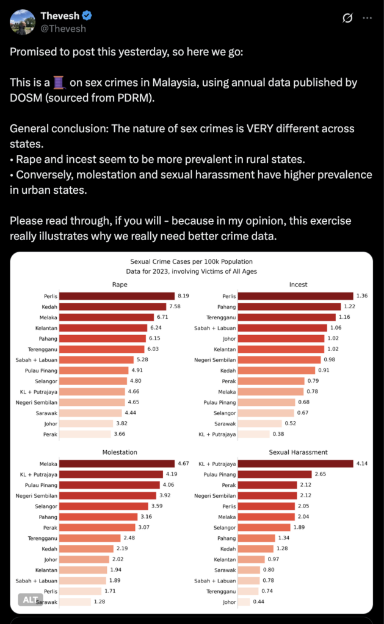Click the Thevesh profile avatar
22,21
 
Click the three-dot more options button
367,18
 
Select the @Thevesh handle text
63,29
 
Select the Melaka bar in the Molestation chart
113,464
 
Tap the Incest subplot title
298,285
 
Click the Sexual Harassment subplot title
298,452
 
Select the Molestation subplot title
120,452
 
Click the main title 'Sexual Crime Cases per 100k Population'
191,261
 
